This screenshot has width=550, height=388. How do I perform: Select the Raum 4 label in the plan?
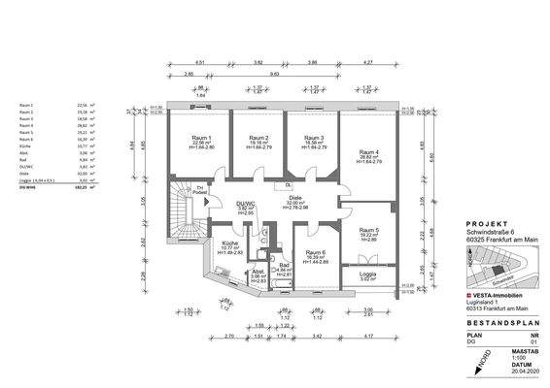pos(367,152)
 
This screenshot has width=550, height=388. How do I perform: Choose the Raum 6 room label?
pos(314,253)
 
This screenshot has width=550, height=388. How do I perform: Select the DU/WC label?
pos(247,205)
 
